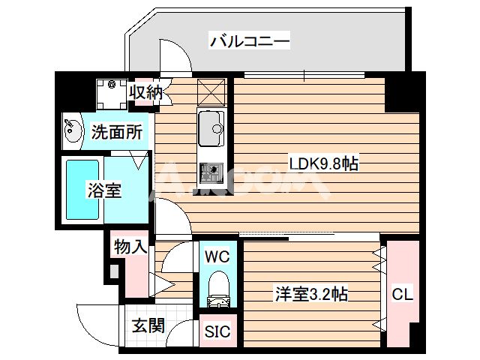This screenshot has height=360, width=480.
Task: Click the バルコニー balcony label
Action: (x=249, y=41)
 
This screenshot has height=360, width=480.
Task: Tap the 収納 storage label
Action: (x=144, y=92)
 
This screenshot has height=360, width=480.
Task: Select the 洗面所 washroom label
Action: (x=116, y=133)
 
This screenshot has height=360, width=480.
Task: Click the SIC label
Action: (x=217, y=331)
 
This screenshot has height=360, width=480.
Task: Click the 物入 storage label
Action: (x=129, y=247)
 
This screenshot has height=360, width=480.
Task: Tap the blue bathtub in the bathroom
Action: (x=83, y=190)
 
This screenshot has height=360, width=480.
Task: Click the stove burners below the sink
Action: (x=210, y=173)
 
